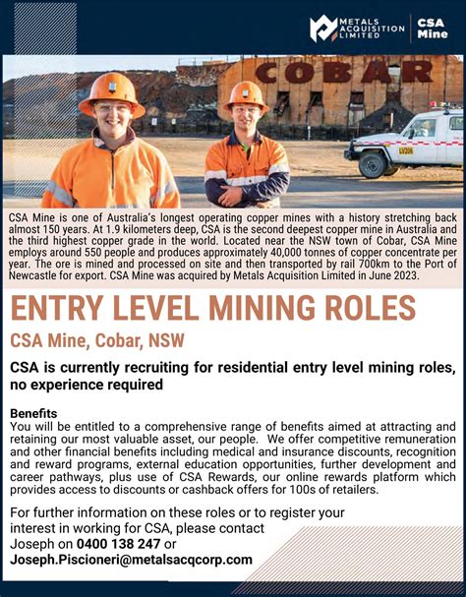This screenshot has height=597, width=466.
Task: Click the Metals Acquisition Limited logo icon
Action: [x=323, y=29]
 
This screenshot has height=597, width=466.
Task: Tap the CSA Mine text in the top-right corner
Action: [x=432, y=28]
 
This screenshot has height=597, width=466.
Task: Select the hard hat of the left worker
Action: [x=111, y=91]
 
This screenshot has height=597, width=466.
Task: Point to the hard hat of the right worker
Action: [x=243, y=95]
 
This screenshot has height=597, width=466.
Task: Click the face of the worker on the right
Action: [x=244, y=122]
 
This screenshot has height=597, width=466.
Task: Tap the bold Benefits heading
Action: [x=33, y=413]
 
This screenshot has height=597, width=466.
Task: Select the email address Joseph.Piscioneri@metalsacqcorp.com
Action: [x=131, y=560]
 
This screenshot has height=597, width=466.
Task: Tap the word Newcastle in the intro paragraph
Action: [x=35, y=276]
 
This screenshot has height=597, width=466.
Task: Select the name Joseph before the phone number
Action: [x=31, y=543]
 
